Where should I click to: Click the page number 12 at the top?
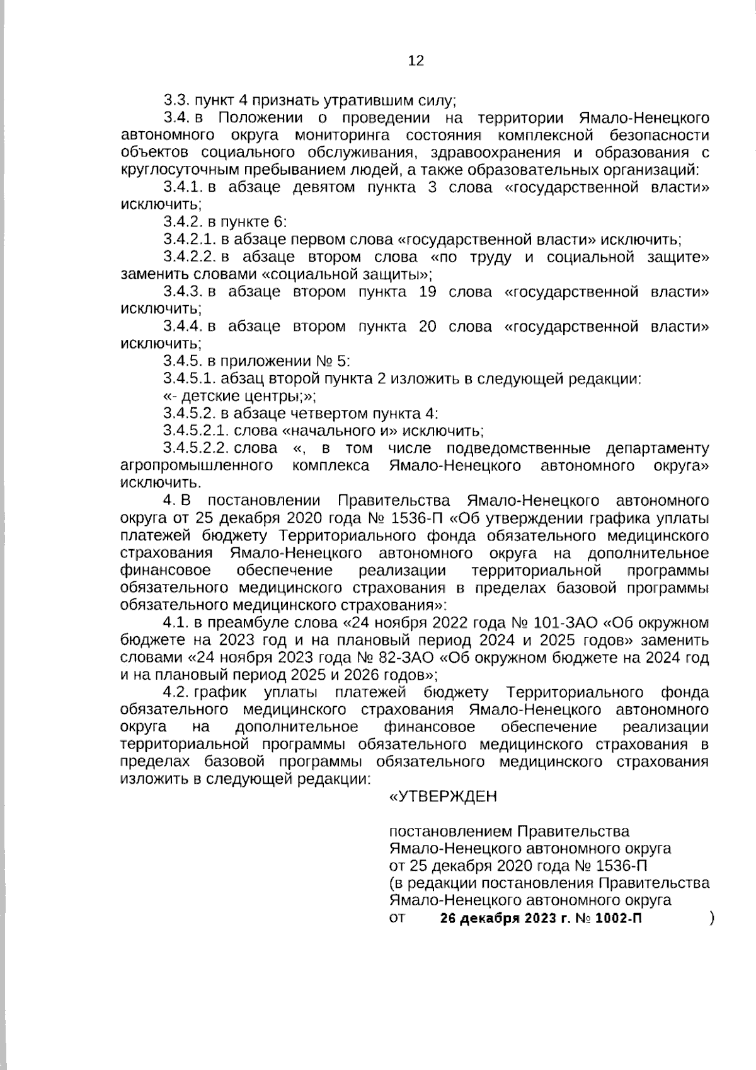pos(416,61)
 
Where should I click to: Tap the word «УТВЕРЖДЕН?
pos(444,796)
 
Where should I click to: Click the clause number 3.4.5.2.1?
pos(195,431)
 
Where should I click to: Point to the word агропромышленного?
pos(196,466)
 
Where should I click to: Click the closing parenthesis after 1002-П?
pos(711,918)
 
